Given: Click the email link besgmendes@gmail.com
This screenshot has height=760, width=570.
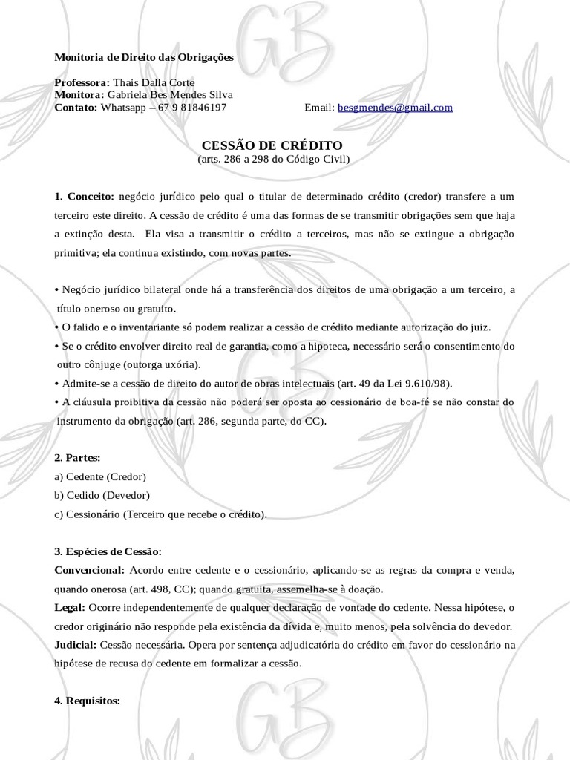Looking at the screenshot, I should point(395,108).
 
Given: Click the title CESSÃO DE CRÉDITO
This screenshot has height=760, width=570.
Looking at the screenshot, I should point(273,145).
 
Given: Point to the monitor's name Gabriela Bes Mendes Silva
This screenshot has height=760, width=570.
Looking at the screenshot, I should point(170,95).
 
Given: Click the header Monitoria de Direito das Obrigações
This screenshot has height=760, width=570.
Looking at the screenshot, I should point(144,57).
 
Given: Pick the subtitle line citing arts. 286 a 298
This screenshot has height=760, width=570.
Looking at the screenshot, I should point(273,159).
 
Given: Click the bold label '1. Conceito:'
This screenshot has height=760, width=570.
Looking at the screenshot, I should point(85,197).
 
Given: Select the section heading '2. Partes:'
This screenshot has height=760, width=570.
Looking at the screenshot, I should point(77,458).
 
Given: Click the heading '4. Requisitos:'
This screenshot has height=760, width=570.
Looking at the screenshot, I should point(87,701).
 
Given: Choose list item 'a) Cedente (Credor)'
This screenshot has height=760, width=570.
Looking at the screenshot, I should point(100,476).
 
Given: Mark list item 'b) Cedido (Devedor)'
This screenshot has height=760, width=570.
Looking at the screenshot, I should point(102,495).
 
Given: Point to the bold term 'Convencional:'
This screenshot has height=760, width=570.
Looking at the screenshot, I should point(89,570).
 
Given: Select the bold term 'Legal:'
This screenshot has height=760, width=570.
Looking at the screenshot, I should point(70,607).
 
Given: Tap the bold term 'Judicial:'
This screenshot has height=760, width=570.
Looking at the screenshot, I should point(76,645).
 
